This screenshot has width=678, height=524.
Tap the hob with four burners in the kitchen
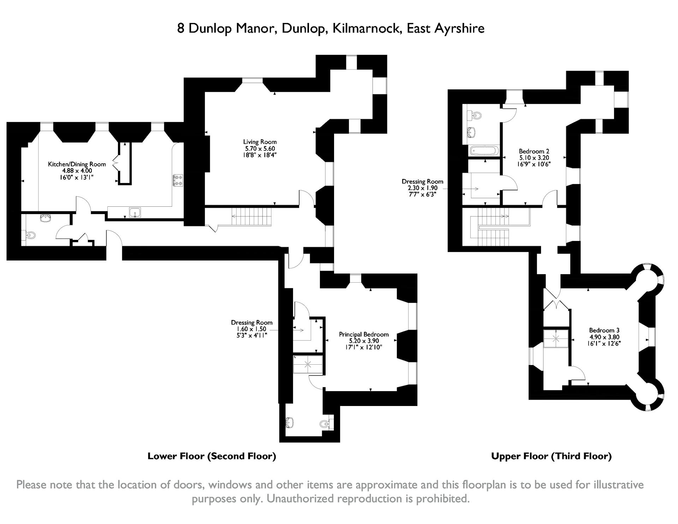coord(178,180)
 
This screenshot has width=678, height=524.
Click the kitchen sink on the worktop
coord(135,212)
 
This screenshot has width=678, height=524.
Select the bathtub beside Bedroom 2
coord(484,151)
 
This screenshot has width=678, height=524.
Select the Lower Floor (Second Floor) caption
coord(212,456)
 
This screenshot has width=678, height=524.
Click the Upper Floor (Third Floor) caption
coord(551,456)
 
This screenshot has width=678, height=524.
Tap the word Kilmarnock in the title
coord(365,28)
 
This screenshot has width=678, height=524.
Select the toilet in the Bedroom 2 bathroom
coord(477,115)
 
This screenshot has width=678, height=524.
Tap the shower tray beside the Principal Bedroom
coord(308,365)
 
